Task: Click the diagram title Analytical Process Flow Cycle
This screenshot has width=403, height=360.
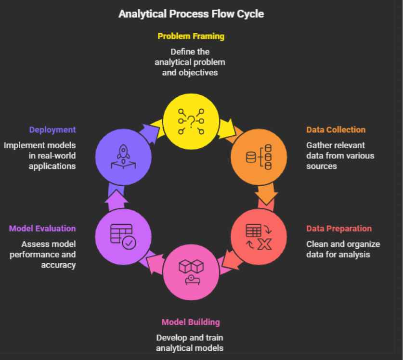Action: click(191, 13)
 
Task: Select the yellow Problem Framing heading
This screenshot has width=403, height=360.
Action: click(191, 36)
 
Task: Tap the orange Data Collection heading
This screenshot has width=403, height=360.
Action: click(336, 129)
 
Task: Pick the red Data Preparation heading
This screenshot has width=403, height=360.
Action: click(339, 229)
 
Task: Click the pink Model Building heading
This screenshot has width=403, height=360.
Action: click(190, 322)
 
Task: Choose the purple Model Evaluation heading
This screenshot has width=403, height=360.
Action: click(42, 229)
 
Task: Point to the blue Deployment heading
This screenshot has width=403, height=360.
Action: click(52, 129)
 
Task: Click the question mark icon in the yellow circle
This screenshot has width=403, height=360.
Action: click(191, 121)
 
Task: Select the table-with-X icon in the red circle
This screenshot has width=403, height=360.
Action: click(259, 237)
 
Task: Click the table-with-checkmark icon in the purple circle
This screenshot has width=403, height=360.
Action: click(123, 236)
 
